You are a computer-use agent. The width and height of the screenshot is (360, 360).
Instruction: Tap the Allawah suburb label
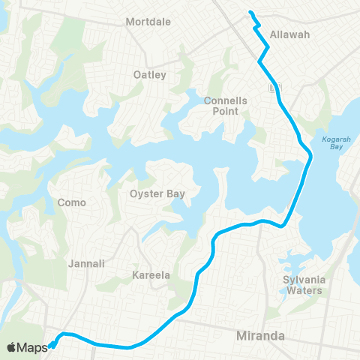tap(289, 34)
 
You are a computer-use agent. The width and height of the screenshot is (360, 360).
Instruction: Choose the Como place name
tap(72, 202)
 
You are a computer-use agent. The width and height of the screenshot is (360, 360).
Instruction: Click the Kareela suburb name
tap(151, 275)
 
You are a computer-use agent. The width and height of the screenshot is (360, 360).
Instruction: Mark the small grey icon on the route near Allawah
tap(274, 88)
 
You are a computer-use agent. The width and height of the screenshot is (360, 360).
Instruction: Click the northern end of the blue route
tap(250, 12)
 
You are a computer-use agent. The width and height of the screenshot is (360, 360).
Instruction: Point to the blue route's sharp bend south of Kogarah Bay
tap(283, 224)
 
